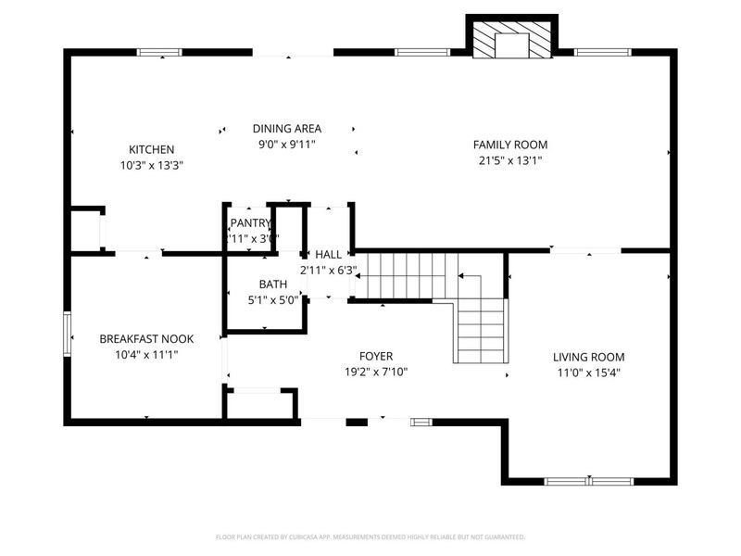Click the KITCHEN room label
151,149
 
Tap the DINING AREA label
287,129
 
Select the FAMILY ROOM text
509,145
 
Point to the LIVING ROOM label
588,357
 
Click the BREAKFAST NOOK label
138,339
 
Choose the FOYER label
376,356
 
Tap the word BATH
272,284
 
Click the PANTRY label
251,222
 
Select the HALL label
328,254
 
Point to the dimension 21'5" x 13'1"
509,160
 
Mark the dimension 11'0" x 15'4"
588,373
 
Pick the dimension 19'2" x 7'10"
376,372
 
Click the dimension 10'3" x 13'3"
151,166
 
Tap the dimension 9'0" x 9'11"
287,145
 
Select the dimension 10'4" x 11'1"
138,355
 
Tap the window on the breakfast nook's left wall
67,333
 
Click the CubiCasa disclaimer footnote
370,537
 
